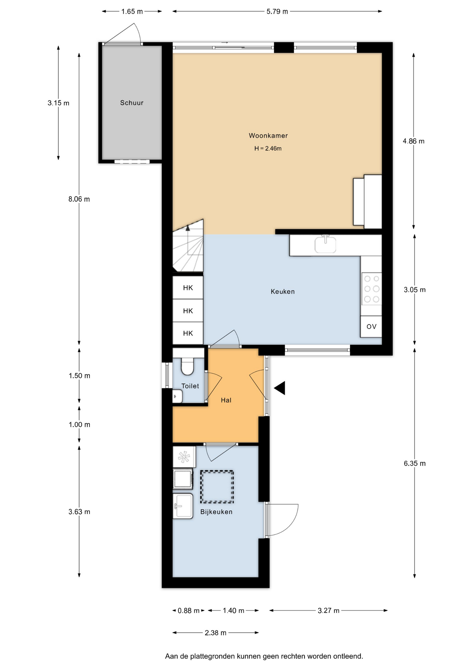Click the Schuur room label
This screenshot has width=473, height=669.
click(x=132, y=103)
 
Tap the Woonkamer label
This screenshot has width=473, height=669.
click(x=268, y=136)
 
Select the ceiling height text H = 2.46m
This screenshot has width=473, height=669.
click(x=268, y=148)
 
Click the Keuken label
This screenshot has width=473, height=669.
click(x=282, y=292)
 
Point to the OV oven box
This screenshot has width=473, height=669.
click(x=371, y=326)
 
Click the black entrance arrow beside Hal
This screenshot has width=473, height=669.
click(x=280, y=388)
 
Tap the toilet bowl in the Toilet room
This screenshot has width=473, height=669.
click(x=187, y=367)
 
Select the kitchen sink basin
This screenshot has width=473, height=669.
click(x=325, y=245)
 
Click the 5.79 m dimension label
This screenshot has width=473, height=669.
click(x=277, y=11)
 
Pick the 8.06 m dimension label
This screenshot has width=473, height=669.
click(x=79, y=199)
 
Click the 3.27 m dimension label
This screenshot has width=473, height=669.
click(x=328, y=610)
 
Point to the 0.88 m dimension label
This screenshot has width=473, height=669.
click(x=188, y=610)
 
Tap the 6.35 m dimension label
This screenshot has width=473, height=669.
click(x=414, y=463)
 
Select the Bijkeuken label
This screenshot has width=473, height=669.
click(x=216, y=512)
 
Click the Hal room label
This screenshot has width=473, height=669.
click(x=226, y=400)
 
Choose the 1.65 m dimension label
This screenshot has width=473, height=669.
click(x=132, y=11)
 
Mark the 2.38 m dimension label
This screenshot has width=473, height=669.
click(x=216, y=633)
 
